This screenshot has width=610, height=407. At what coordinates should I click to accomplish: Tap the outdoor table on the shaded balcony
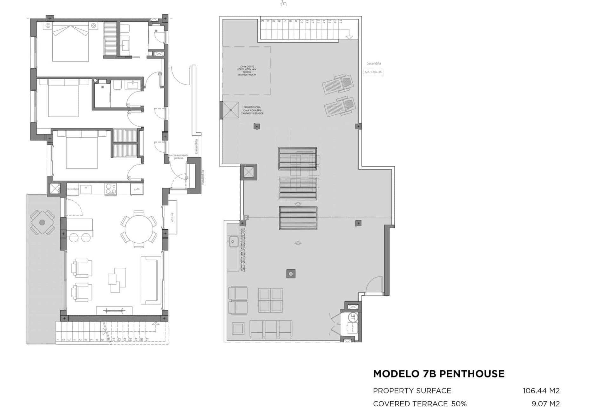[x=42, y=223]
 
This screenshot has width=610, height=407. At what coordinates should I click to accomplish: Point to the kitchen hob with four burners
[x=111, y=189]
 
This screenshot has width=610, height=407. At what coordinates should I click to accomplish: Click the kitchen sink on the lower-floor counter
[x=86, y=189]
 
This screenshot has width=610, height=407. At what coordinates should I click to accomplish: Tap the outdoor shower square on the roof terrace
[x=231, y=110]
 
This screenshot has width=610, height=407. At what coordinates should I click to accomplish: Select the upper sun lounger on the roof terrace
[x=338, y=84]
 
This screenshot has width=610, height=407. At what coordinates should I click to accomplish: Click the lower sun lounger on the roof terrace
[x=340, y=106]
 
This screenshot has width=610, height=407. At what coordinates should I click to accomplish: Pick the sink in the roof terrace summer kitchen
[x=233, y=242]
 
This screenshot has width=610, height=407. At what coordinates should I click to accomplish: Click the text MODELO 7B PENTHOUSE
[x=439, y=374]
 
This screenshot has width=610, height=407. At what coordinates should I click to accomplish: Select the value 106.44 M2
[x=541, y=390]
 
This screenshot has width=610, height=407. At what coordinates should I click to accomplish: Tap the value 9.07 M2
[x=546, y=404]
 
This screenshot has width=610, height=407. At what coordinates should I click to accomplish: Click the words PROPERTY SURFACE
[x=412, y=390]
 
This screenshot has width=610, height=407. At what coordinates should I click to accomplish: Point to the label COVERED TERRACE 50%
[x=420, y=404]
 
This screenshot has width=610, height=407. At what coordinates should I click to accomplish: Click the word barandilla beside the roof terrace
[x=374, y=64]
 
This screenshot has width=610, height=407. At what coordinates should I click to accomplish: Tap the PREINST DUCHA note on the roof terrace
[x=252, y=110]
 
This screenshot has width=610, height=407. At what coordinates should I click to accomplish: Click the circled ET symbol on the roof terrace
[x=353, y=317]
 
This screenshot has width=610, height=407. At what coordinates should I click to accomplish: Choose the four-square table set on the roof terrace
[x=270, y=300]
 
